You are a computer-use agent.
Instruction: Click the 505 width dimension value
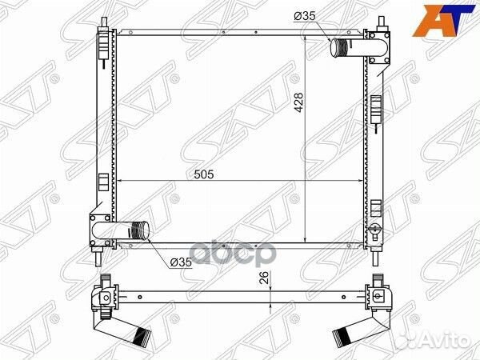coord(204,174)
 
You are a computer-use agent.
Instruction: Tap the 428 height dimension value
coord(298,103)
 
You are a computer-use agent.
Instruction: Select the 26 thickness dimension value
coord(265,278)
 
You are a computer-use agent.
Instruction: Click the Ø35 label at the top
coord(304,16)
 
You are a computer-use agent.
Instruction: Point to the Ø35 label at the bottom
coord(181,262)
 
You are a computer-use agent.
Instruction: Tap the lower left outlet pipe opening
coord(145,230)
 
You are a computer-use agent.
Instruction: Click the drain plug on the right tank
coord(374,230)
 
